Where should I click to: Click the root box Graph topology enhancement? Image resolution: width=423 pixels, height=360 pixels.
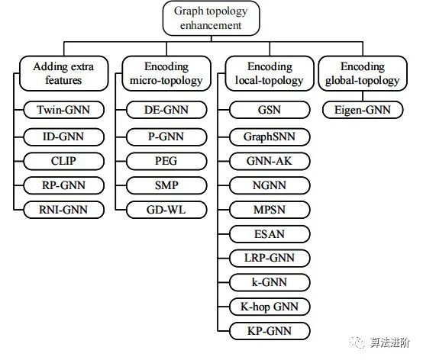(211, 18)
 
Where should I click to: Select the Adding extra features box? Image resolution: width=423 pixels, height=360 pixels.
(64, 73)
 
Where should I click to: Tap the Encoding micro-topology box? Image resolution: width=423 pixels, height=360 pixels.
(166, 73)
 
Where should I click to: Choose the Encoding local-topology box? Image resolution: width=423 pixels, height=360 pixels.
(270, 73)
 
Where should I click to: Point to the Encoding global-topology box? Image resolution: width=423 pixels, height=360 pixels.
(363, 73)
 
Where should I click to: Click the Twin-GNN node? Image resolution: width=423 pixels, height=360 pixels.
(63, 110)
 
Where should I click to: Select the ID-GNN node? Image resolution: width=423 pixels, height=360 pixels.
(63, 137)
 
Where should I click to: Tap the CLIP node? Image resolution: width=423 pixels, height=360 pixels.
(63, 161)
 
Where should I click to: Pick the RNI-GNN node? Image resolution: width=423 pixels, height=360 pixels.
(63, 210)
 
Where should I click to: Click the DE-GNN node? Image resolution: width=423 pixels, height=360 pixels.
(166, 110)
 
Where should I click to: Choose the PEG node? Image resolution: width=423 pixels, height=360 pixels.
(166, 161)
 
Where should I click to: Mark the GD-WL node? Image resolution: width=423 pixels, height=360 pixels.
(166, 210)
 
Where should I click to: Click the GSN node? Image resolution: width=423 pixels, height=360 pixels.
(270, 110)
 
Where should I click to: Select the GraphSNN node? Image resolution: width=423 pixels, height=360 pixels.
(270, 137)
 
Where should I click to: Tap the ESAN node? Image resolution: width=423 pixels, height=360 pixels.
(270, 234)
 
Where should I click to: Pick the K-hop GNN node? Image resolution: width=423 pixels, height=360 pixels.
(270, 307)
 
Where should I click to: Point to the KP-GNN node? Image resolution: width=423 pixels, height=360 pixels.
(270, 331)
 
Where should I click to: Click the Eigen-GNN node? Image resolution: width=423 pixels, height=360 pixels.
(363, 110)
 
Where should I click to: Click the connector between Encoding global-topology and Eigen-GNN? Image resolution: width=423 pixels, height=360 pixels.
(363, 96)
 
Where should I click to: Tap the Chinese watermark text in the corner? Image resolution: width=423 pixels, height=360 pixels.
(389, 342)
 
